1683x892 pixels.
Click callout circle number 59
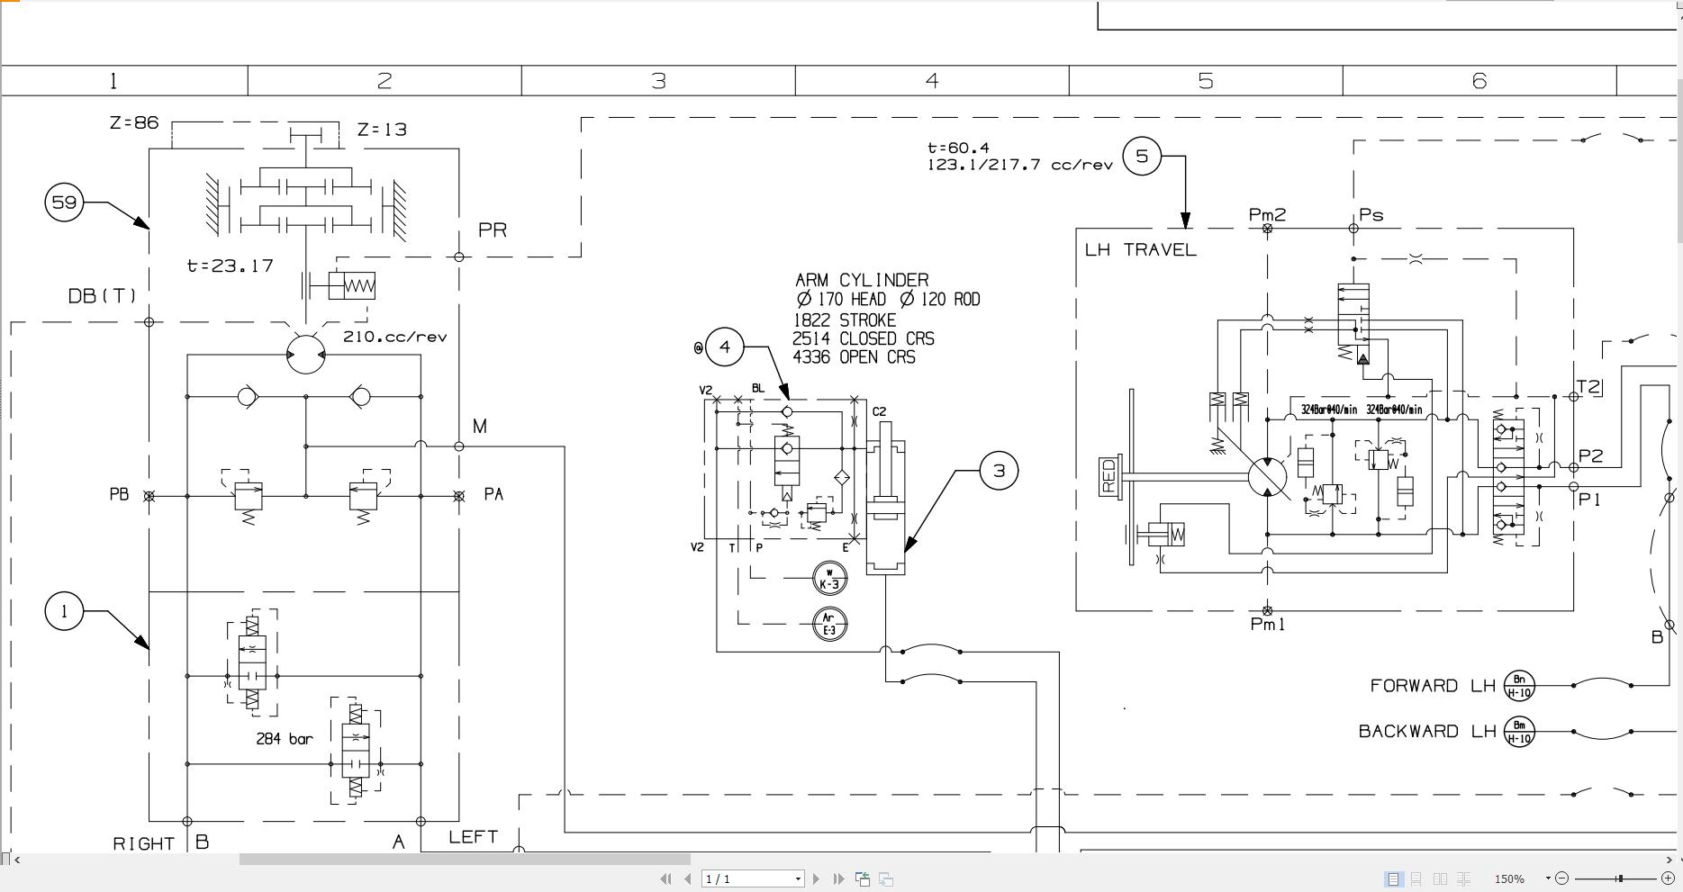[64, 202]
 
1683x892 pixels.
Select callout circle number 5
[1142, 157]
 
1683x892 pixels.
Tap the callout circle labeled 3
[998, 470]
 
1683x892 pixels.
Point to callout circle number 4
[725, 347]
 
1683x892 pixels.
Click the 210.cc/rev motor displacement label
[394, 337]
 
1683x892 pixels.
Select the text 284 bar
[285, 739]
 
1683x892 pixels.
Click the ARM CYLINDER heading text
[862, 280]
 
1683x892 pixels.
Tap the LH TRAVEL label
[1140, 249]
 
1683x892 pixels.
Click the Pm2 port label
[1267, 214]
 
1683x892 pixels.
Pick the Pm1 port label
[1268, 624]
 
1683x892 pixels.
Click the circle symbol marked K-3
[829, 579]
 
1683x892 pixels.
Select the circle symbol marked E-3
[829, 624]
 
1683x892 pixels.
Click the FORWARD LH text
[1432, 686]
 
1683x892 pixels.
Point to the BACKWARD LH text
[1426, 731]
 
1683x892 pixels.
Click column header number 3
[658, 81]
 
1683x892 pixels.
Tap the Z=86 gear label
[134, 122]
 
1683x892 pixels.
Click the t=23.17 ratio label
[230, 266]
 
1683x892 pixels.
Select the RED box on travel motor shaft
[1108, 475]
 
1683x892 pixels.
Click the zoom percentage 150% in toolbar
[1509, 878]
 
